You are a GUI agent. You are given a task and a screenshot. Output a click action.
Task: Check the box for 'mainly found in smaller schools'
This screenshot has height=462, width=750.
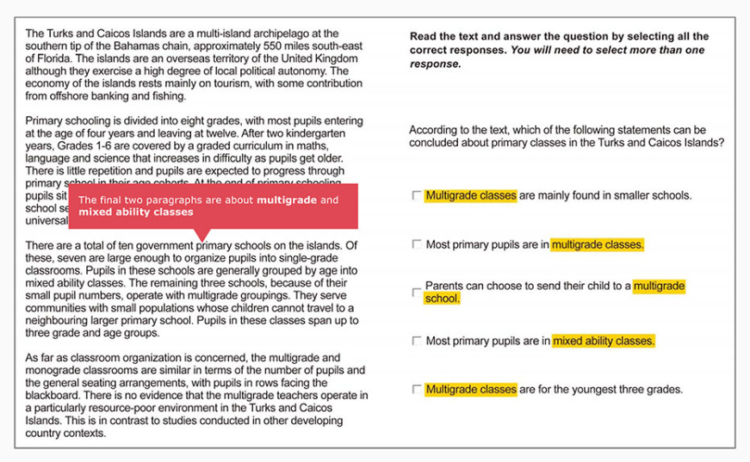[x=417, y=196]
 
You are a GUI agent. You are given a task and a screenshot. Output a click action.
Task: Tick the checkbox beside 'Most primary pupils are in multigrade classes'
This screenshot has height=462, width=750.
[x=417, y=245]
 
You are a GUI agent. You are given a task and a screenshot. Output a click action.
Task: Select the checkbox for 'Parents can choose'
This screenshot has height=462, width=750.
[x=417, y=293]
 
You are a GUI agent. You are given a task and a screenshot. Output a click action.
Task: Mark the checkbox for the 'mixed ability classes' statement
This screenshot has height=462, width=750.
[x=417, y=342]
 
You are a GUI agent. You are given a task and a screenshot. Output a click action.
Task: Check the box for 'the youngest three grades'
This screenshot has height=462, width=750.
[x=417, y=390]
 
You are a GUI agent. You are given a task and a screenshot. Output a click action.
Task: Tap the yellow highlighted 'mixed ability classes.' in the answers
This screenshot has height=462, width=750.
[x=604, y=342]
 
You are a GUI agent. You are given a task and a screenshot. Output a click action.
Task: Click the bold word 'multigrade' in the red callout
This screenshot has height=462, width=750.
[x=286, y=200]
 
